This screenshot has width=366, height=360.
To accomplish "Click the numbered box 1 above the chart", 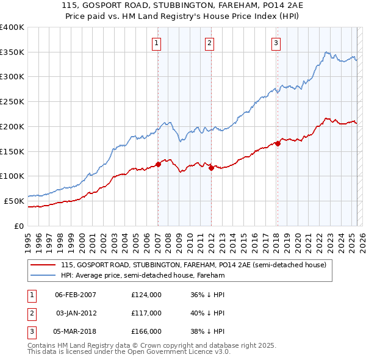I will point(157,43).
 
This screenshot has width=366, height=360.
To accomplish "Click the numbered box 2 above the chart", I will point(209,43).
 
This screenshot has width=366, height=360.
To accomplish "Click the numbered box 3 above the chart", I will point(276,43).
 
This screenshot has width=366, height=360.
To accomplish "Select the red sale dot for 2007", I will point(158,164).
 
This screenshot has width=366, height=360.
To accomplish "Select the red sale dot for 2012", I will point(211,168).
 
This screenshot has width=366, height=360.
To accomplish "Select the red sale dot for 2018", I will point(278,143).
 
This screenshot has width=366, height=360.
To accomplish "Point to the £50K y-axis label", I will point(14,201).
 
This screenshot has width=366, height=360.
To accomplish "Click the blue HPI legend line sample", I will point(43,275).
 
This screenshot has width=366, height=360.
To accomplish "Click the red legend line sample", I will point(43,265).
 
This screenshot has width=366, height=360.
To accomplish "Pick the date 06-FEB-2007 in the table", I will point(76,295).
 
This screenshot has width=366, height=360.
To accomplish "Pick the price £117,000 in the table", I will point(146,313).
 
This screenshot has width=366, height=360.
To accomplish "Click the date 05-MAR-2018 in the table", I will point(76,331).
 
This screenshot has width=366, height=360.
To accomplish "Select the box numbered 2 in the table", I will point(30,313).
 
